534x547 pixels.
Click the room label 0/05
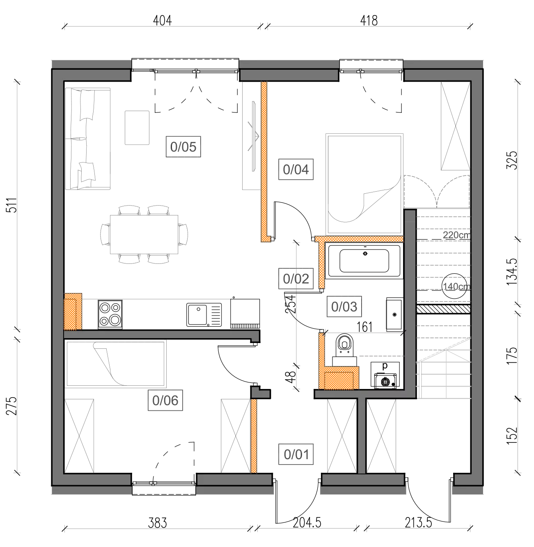click(x=183, y=146)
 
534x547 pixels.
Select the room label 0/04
click(x=296, y=169)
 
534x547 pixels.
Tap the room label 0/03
click(x=344, y=307)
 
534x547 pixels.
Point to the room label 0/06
click(x=165, y=400)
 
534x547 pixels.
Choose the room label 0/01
click(x=296, y=454)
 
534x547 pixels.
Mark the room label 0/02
click(x=296, y=279)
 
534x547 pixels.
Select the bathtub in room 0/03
click(x=364, y=261)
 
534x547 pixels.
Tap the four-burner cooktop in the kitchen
click(x=110, y=314)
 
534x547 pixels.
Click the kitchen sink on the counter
click(x=204, y=315)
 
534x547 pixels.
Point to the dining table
click(x=144, y=234)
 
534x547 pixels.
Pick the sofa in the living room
click(x=88, y=139)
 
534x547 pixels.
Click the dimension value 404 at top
click(x=162, y=21)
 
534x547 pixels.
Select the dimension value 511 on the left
click(x=12, y=205)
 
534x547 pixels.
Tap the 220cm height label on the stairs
click(x=456, y=235)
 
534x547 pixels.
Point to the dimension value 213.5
click(x=418, y=523)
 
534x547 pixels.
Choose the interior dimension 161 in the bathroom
click(x=364, y=327)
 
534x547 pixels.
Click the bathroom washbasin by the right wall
click(x=394, y=314)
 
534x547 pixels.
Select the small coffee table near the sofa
click(x=137, y=128)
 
